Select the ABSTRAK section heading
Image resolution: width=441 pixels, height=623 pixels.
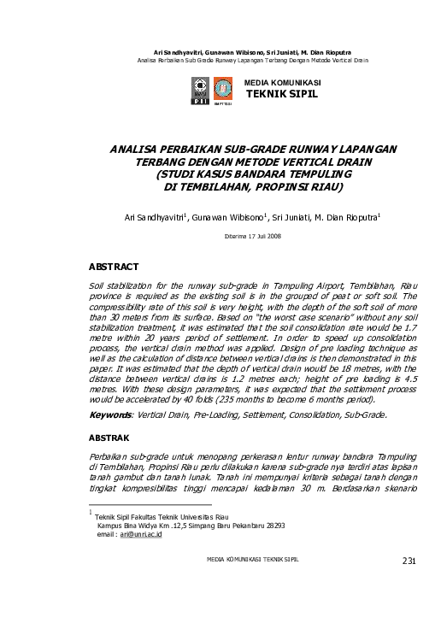(110, 436)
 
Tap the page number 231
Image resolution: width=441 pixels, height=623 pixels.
(408, 561)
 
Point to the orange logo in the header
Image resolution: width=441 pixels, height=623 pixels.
(222, 89)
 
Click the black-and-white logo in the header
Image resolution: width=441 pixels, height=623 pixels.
(201, 89)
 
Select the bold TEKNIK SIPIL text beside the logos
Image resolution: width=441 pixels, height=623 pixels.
(281, 93)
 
